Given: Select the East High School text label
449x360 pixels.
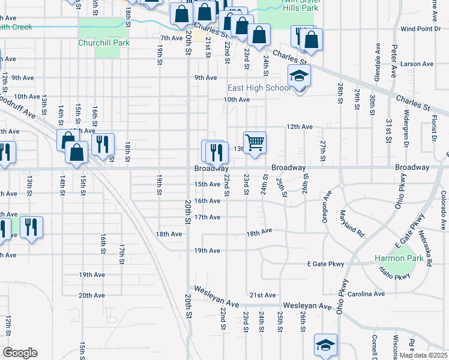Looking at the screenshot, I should click(x=259, y=88).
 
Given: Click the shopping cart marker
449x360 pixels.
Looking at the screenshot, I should click(x=255, y=143).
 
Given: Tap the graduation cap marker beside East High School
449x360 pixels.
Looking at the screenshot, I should click(x=299, y=77).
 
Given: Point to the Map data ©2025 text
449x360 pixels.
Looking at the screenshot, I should click(x=423, y=355).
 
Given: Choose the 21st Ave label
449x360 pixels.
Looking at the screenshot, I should click(x=262, y=295).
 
